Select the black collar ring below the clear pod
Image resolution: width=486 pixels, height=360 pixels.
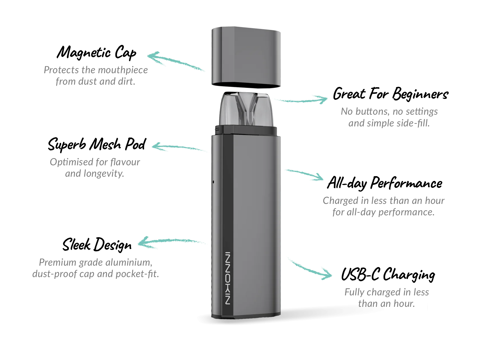(x=246, y=130)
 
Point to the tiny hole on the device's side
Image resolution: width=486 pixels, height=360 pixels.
(x=214, y=182)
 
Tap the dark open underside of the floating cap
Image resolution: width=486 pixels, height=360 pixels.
(x=246, y=85)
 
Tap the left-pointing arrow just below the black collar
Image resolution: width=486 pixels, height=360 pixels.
(x=180, y=148)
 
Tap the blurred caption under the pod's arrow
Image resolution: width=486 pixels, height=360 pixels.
(x=389, y=118)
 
